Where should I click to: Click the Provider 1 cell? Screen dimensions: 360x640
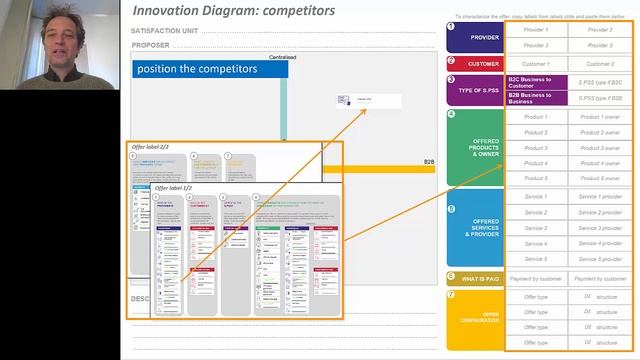536,30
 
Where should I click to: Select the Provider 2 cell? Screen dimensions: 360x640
601,30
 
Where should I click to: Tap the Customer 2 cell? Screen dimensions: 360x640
601,63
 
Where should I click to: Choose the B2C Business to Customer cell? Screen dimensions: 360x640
536,81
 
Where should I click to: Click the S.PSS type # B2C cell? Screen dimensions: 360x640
601,81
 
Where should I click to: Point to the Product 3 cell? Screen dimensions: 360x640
536,148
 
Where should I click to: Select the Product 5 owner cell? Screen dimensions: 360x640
601,179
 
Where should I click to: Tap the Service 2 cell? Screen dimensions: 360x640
536,212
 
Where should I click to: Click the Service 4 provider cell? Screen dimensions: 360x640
601,244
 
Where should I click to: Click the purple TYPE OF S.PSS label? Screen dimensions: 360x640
474,89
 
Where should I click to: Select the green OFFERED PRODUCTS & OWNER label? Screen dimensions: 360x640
474,148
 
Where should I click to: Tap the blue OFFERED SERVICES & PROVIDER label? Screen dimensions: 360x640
474,227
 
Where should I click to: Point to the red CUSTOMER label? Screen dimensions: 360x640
474,63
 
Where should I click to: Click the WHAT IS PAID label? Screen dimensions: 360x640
474,278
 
